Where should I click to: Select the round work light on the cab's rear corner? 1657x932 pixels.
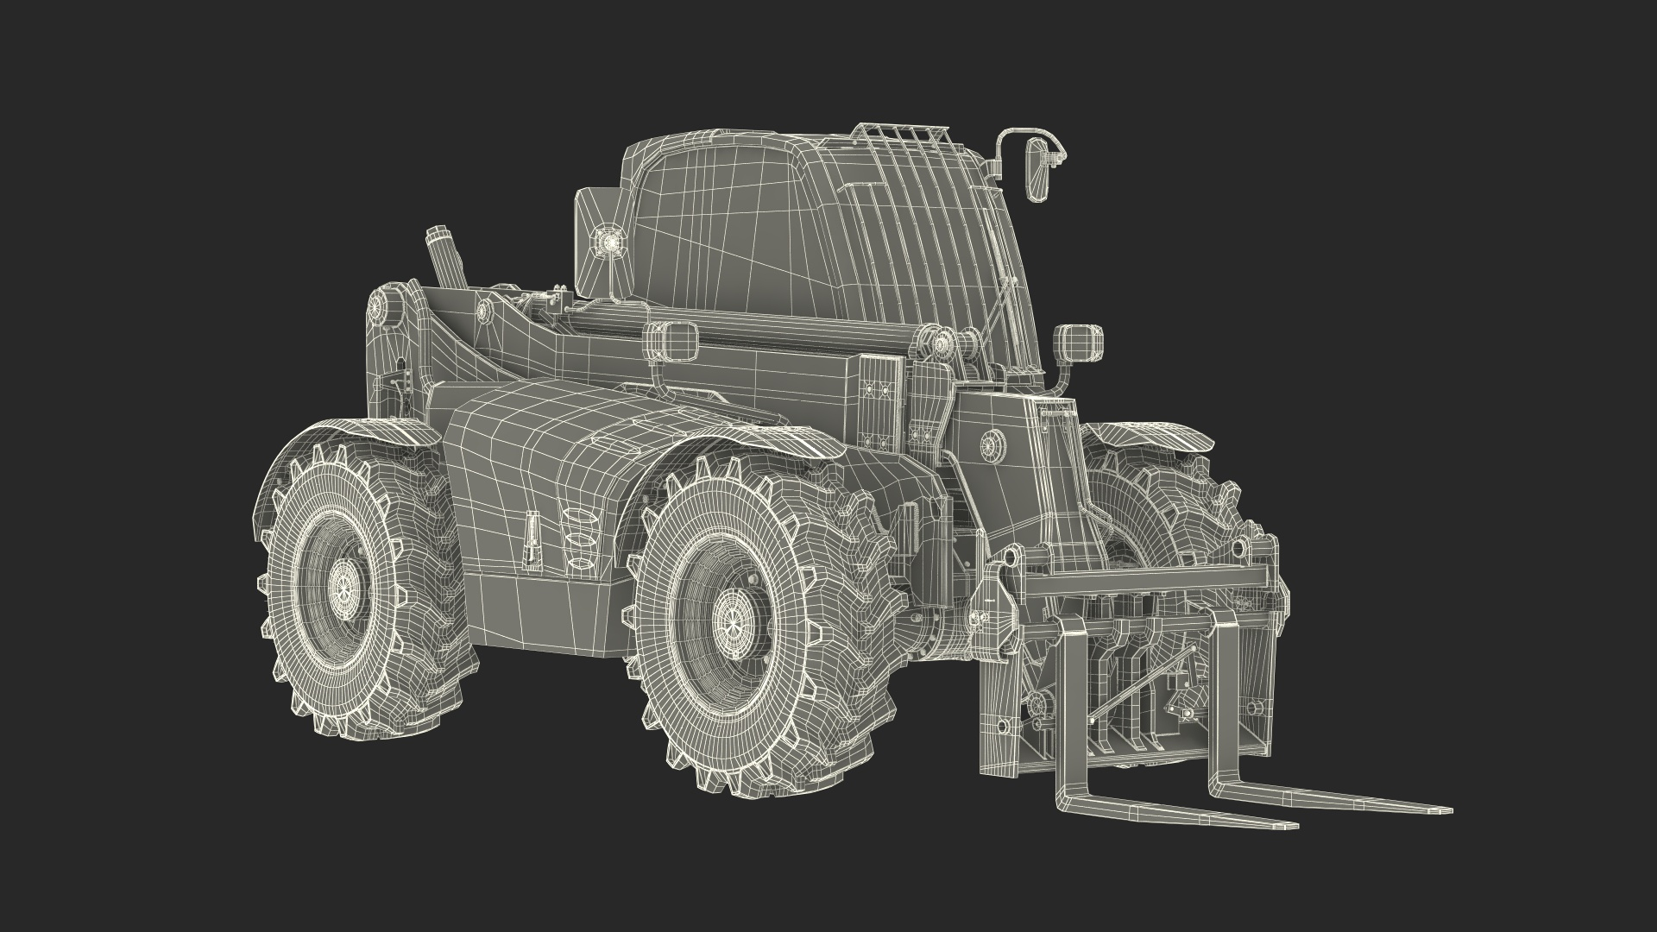pos(611,243)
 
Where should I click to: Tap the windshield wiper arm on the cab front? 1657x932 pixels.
pos(1001,293)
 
